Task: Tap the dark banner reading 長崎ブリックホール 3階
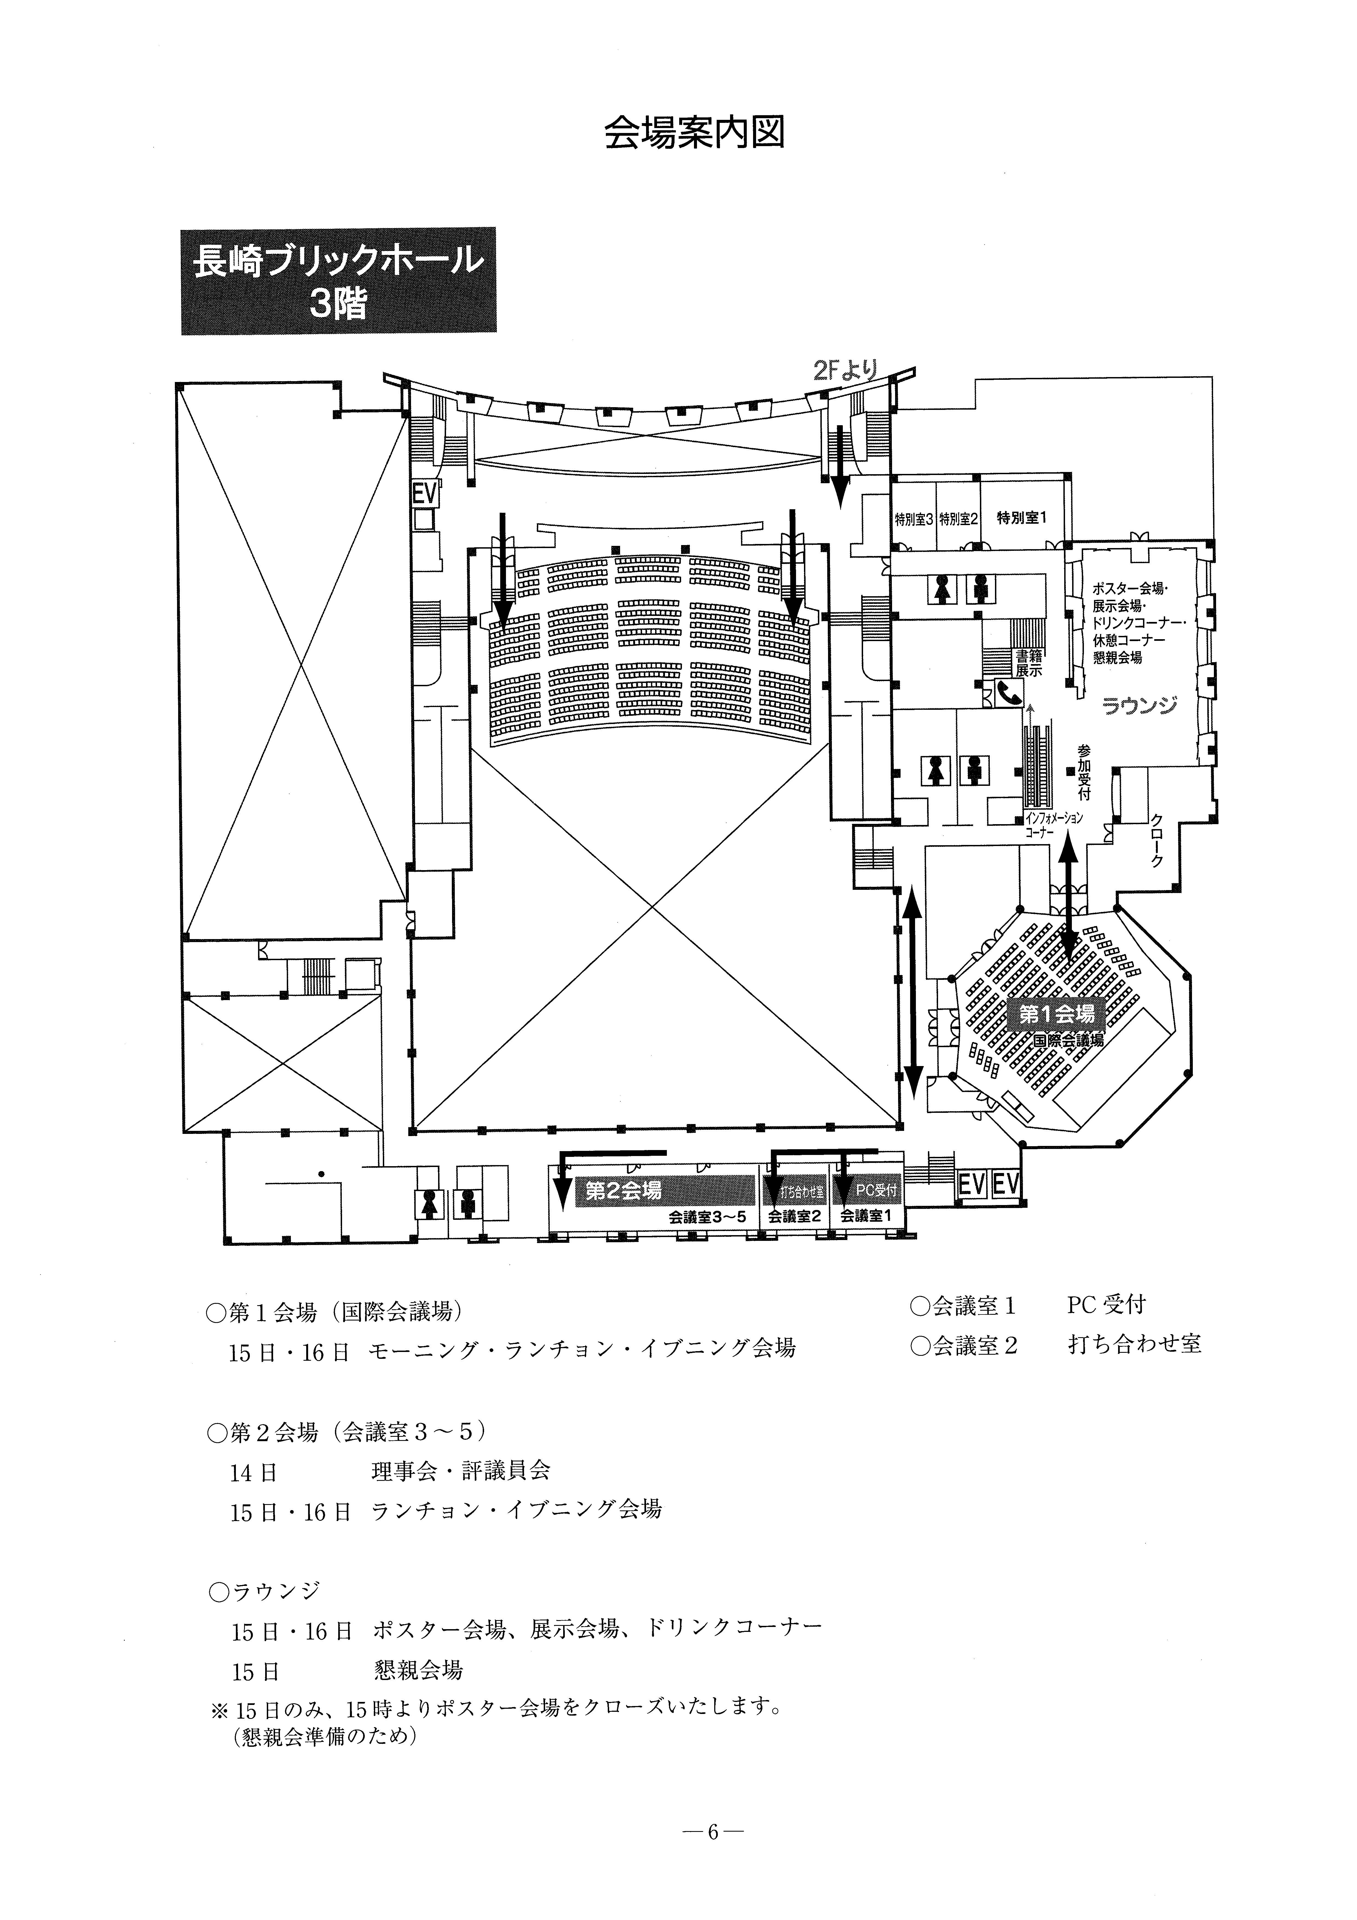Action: pos(338,281)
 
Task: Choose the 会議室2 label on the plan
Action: pos(794,1217)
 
